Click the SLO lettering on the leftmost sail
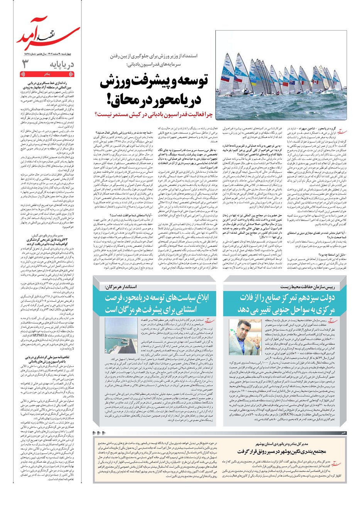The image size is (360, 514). (x=226, y=72)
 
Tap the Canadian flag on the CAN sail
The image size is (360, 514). (x=315, y=82)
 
